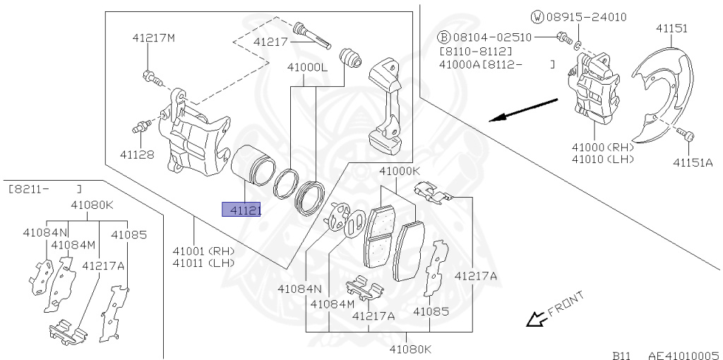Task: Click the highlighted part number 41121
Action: pyautogui.click(x=241, y=210)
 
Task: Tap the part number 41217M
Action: pyautogui.click(x=153, y=37)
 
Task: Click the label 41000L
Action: pyautogui.click(x=307, y=67)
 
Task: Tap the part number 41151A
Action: pyautogui.click(x=693, y=163)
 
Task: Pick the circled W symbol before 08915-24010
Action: pyautogui.click(x=537, y=16)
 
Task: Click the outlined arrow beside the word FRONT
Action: pyautogui.click(x=534, y=320)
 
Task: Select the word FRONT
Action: pyautogui.click(x=565, y=302)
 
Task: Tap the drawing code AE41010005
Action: pyautogui.click(x=683, y=355)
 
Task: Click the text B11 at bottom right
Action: pyautogui.click(x=621, y=355)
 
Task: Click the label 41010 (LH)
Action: pyautogui.click(x=603, y=160)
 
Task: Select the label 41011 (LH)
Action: pyautogui.click(x=203, y=263)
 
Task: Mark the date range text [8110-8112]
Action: pyautogui.click(x=475, y=52)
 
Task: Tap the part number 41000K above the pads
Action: pyautogui.click(x=400, y=171)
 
